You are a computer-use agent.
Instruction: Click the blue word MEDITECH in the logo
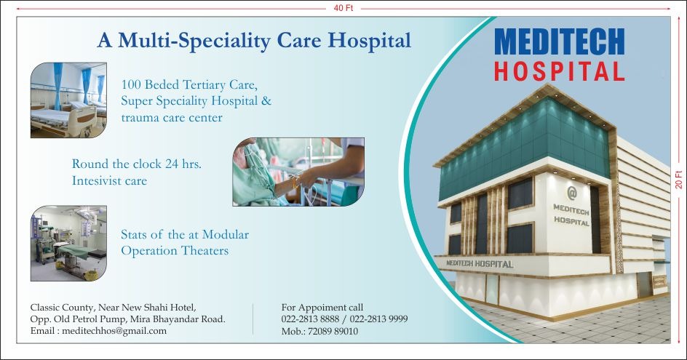pos(560,41)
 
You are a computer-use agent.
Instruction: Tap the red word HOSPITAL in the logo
pos(560,71)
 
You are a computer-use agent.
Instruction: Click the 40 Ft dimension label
pos(343,8)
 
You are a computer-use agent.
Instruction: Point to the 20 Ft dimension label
pos(679,180)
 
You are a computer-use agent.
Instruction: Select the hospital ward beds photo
pos(68,100)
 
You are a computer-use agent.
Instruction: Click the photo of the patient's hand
pos(298,172)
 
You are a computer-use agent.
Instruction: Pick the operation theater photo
pos(68,243)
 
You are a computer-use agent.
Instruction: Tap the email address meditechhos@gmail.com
pos(114,331)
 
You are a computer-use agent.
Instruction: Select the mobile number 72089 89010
pos(333,331)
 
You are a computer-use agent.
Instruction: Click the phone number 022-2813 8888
pos(310,319)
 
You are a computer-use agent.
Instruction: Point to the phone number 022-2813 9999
pos(378,319)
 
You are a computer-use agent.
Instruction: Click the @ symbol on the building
pos(572,192)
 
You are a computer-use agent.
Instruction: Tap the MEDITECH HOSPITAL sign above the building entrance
pos(480,264)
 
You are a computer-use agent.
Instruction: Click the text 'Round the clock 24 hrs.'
pos(137,164)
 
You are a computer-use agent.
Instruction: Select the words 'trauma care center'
pos(172,117)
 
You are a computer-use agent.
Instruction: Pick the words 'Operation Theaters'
pos(175,251)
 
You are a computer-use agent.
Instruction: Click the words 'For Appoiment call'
pos(322,308)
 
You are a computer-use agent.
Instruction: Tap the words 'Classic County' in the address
pos(62,308)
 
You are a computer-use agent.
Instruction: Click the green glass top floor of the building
pos(525,147)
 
